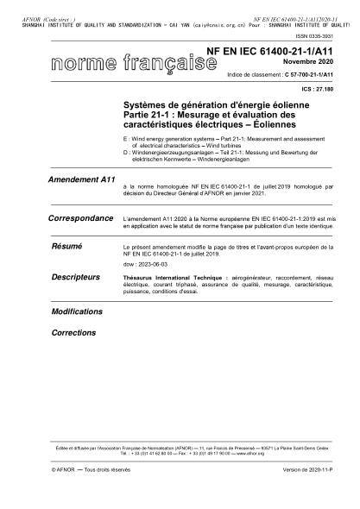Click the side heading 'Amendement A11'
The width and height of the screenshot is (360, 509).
[79, 179]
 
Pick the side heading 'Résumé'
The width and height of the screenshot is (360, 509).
[66, 247]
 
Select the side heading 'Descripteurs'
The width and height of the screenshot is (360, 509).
[74, 278]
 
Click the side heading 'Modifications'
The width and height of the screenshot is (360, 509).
[77, 310]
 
